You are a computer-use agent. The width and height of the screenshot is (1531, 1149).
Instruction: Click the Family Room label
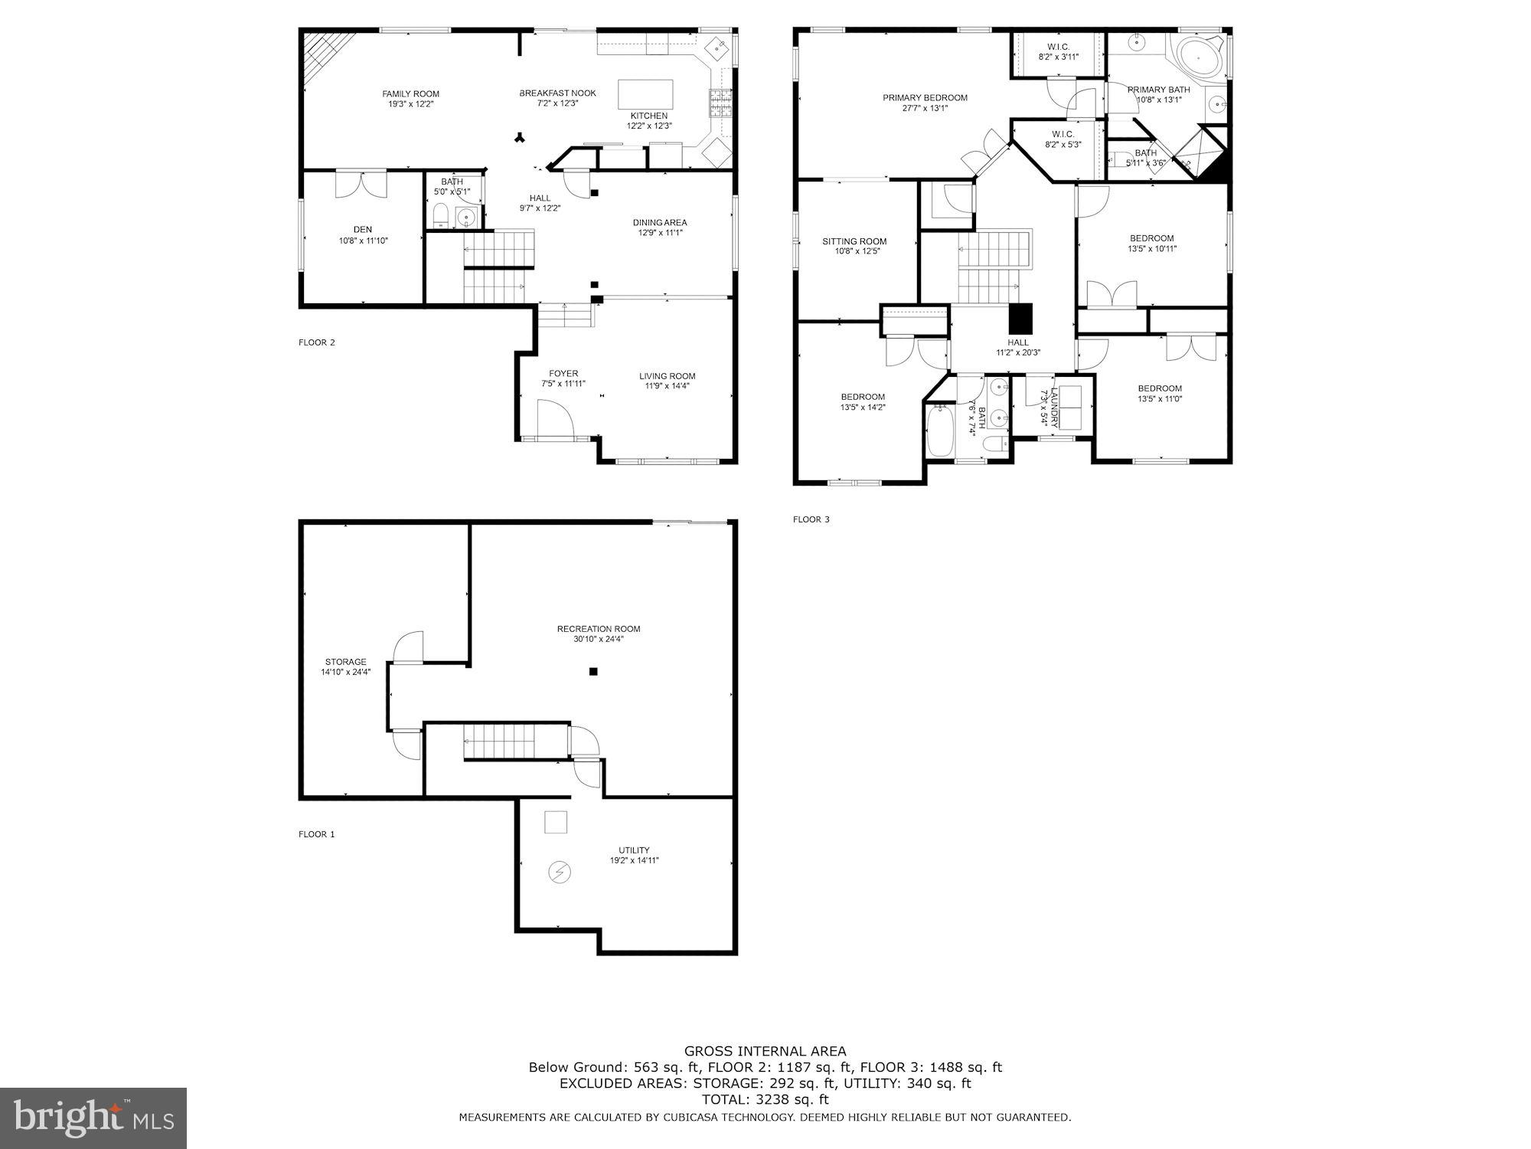click(411, 94)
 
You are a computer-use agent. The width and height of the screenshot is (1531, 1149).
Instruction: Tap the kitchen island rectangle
click(645, 95)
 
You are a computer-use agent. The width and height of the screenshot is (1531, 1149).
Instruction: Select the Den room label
click(363, 230)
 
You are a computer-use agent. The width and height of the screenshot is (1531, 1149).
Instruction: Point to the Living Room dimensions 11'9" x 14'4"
click(667, 386)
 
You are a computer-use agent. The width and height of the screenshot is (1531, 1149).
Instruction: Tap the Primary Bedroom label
click(925, 98)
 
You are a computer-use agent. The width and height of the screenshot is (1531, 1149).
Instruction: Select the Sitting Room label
click(854, 241)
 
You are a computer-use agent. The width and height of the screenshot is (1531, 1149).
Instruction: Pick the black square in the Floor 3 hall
click(1020, 317)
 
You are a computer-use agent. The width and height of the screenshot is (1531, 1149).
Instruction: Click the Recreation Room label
click(599, 629)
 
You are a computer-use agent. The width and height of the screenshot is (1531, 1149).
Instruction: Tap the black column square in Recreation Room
click(592, 672)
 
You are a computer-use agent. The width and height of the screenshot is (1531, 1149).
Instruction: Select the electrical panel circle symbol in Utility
click(559, 872)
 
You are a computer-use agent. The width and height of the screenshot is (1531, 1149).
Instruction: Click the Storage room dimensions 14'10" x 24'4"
click(345, 673)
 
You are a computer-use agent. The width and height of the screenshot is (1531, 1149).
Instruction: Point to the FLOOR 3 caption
click(811, 519)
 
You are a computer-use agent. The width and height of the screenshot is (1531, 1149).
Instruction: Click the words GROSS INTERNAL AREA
click(765, 1052)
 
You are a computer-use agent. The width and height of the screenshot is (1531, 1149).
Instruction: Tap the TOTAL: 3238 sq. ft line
click(765, 1100)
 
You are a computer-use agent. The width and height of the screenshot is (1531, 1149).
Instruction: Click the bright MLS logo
click(93, 1118)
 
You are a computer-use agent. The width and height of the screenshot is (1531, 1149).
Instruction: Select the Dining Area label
click(659, 223)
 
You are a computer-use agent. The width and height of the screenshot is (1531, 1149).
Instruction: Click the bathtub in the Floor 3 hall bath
click(939, 432)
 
